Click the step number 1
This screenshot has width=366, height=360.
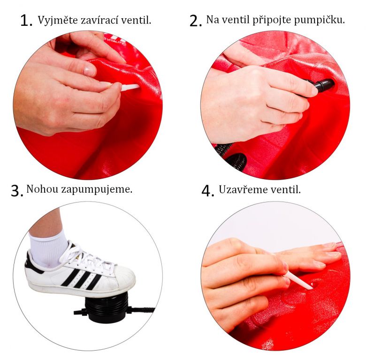[x=26, y=21]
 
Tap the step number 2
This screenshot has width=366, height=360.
[x=196, y=21]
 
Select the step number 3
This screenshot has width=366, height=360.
[x=17, y=191]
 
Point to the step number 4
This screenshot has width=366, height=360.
[x=208, y=191]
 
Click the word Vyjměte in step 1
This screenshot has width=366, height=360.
[x=58, y=20]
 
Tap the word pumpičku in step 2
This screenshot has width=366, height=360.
[x=320, y=20]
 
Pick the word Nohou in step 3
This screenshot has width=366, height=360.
[x=42, y=189]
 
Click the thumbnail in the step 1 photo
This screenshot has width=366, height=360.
[x=89, y=71]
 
